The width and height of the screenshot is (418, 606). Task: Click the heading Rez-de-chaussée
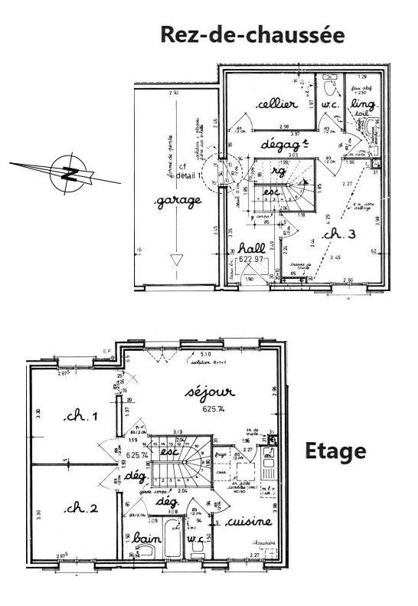pos(251,34)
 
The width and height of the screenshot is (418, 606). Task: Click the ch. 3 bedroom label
pos(338,234)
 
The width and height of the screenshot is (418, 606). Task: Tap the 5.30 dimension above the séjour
pos(205,353)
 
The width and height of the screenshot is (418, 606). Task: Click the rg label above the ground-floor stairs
pos(269,170)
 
